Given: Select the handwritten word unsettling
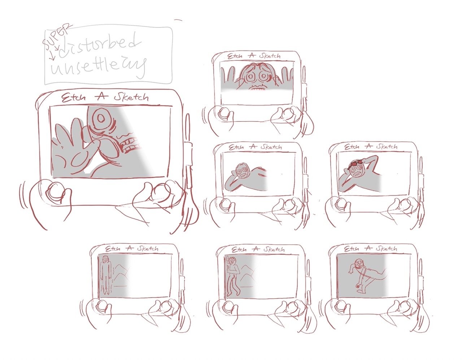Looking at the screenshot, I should point(97,67).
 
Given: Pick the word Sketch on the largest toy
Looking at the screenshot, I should point(131,97).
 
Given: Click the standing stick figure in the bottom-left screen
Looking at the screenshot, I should point(105,274).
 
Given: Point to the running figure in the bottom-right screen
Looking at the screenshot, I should point(363,274).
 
